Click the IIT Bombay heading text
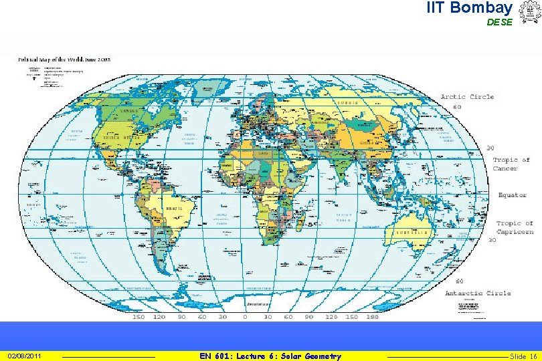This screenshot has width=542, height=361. (x=469, y=8)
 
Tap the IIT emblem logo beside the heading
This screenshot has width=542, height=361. (x=528, y=12)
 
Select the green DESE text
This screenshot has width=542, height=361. (x=499, y=22)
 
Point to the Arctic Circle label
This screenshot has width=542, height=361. (x=467, y=97)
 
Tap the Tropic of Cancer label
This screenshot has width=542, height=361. (x=511, y=164)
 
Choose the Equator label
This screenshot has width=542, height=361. (x=512, y=195)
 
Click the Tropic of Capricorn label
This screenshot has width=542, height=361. (x=515, y=227)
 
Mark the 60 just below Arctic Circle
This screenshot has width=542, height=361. (x=458, y=107)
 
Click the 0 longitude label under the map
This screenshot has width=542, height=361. (x=244, y=318)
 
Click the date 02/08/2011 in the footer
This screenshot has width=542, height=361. (x=24, y=356)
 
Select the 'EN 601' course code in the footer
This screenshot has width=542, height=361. (x=215, y=356)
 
